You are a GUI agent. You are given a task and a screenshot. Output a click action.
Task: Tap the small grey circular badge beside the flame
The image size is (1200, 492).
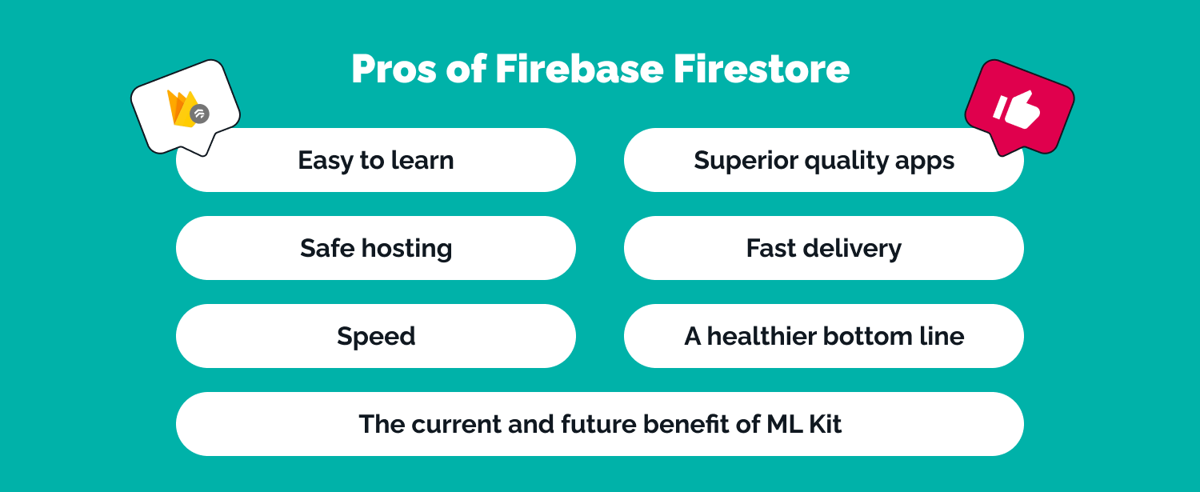click(200, 114)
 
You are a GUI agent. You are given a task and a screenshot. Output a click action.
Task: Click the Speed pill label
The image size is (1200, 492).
click(376, 336)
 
